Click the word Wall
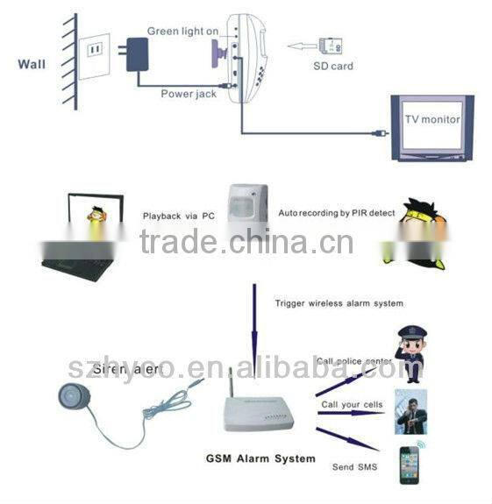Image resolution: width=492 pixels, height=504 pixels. pos(32,62)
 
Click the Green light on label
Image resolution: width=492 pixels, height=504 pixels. pos(182,32)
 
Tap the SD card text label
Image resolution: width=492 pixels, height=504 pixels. pos(334,65)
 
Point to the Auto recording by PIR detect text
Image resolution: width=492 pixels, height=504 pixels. pos(337,212)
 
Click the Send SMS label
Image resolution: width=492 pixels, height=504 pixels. pos(354,468)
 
